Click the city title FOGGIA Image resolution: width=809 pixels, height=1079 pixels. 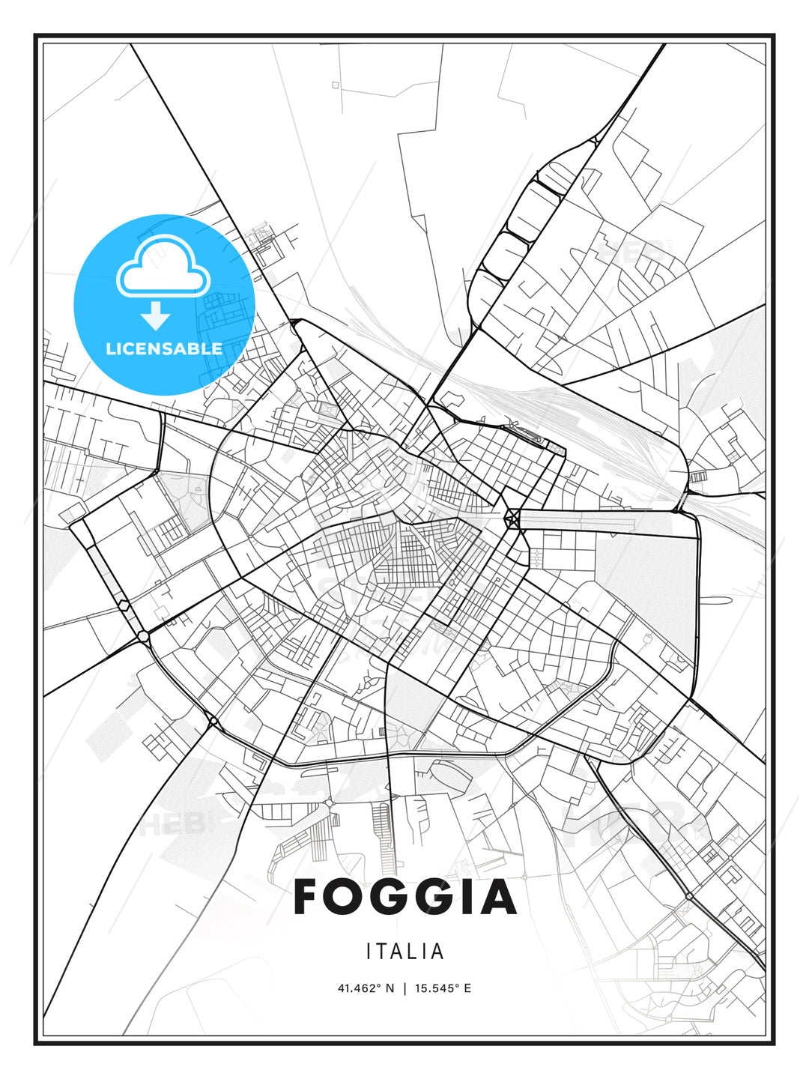405,897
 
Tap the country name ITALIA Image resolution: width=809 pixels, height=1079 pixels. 405,952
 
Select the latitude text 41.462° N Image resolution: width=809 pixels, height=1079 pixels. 366,988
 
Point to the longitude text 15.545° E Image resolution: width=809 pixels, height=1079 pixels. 442,988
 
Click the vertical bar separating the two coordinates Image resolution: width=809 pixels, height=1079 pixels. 404,988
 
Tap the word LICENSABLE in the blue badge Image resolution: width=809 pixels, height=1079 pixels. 164,348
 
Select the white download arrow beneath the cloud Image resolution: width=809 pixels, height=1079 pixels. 156,315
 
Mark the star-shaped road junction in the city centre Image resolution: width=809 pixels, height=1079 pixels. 513,517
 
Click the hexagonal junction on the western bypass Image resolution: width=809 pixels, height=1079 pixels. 124,605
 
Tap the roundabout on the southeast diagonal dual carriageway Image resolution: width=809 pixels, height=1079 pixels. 688,896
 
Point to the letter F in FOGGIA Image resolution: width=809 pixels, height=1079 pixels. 309,897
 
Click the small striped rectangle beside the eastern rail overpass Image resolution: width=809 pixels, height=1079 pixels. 697,477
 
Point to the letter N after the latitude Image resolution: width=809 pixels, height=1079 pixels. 390,988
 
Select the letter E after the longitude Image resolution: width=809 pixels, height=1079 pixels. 467,988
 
